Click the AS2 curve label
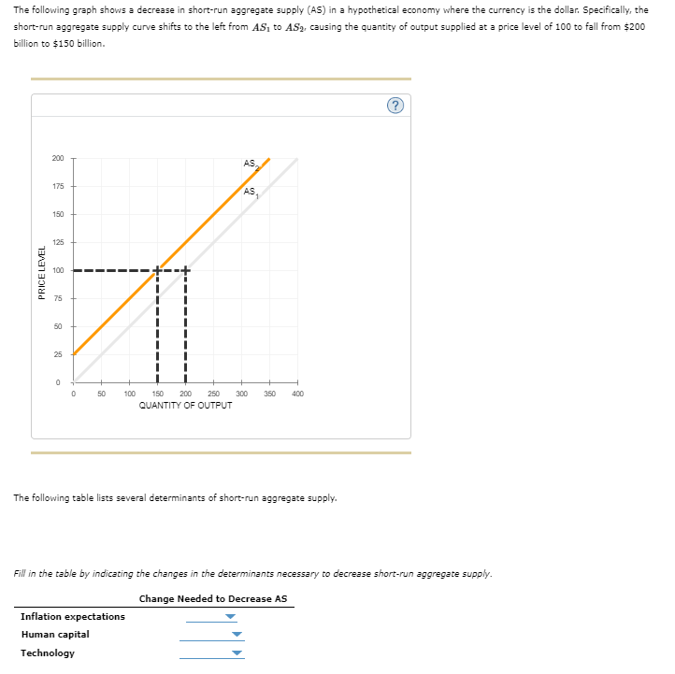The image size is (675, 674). point(250,165)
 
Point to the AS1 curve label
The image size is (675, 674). point(250,193)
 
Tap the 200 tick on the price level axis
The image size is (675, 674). point(59,158)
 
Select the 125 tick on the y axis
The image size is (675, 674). point(59,242)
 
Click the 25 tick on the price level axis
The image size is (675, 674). point(59,354)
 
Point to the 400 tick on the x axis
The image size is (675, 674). point(297,394)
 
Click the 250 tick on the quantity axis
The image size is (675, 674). point(213,394)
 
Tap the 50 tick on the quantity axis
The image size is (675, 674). point(101,394)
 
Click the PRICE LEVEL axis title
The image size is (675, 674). point(41,271)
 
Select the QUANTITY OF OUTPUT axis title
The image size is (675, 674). point(185,406)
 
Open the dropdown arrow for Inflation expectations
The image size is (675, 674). point(231,617)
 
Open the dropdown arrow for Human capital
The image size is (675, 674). point(237,636)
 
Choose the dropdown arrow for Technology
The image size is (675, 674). point(237,653)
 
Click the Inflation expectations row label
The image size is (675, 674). point(73,617)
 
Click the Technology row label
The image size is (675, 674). point(48,653)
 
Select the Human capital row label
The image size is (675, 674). point(55,635)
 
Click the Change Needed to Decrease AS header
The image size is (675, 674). point(213,598)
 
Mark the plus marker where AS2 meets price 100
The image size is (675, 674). point(157,270)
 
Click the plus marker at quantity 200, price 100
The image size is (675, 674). point(185,270)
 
